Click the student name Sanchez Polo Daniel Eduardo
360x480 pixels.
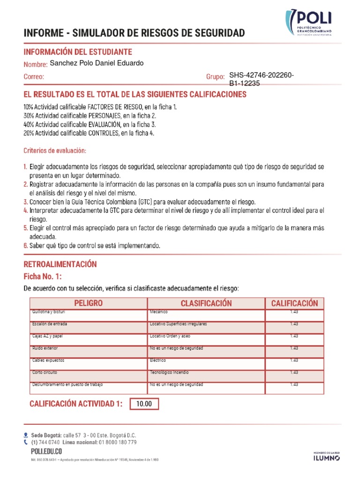97,63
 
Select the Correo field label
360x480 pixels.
34,76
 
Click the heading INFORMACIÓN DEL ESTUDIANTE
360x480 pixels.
78,52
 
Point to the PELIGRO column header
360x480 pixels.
88,303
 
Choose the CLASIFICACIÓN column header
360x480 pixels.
206,303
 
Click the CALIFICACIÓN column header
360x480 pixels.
294,303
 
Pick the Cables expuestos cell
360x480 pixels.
48,360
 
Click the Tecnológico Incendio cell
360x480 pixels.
169,372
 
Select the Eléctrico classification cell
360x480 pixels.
159,360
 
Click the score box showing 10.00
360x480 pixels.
144,404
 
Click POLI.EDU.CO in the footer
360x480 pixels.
43,451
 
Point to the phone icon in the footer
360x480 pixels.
26,442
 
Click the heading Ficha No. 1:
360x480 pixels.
43,276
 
